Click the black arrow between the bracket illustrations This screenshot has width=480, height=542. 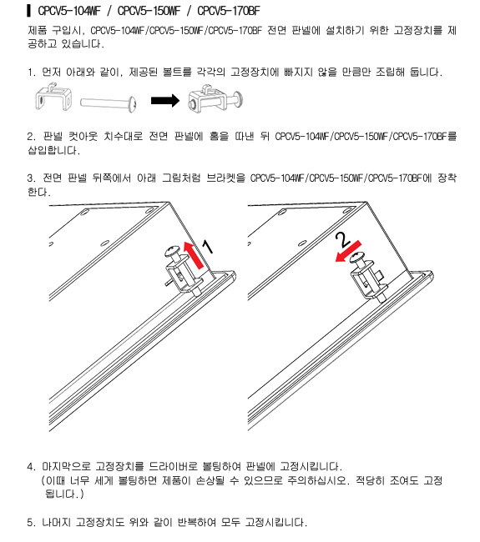165,101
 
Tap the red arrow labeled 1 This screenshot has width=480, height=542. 193,255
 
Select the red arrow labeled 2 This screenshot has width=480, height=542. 348,251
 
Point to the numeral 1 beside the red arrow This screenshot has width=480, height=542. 208,247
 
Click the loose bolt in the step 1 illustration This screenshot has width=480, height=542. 109,103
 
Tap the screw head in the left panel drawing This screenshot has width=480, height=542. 172,251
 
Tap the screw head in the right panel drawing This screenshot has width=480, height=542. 357,257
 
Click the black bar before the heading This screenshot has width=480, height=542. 28,11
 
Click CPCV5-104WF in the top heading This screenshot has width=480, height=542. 69,11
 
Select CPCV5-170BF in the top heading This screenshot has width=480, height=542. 229,11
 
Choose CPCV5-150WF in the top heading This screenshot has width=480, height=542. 149,11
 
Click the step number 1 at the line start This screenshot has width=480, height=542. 31,73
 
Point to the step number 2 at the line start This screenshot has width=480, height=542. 31,137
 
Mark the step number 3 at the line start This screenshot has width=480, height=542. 31,178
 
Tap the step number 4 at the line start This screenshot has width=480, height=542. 31,467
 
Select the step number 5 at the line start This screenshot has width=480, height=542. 31,522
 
